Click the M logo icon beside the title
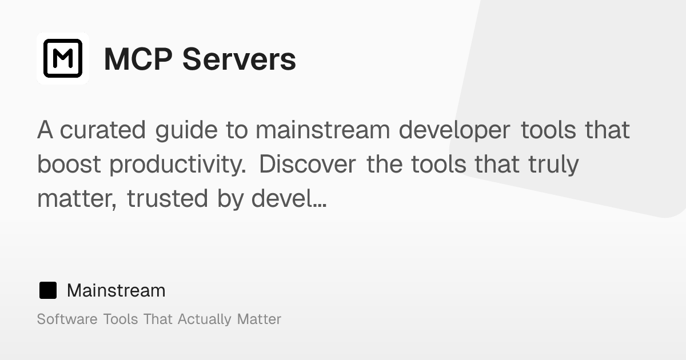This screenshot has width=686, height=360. pos(63,58)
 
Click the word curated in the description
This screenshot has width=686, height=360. pos(103,130)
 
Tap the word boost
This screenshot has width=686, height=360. pos(69,165)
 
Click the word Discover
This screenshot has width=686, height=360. pos(309,165)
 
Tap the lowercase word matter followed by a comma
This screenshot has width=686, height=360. pos(77,199)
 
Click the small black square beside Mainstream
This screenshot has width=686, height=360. pos(47,290)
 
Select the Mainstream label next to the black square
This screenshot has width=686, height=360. pos(116,290)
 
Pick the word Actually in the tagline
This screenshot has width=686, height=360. pos(205,319)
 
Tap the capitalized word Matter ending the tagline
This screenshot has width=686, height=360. pos(259,319)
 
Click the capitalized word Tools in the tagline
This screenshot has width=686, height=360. pos(120,319)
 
